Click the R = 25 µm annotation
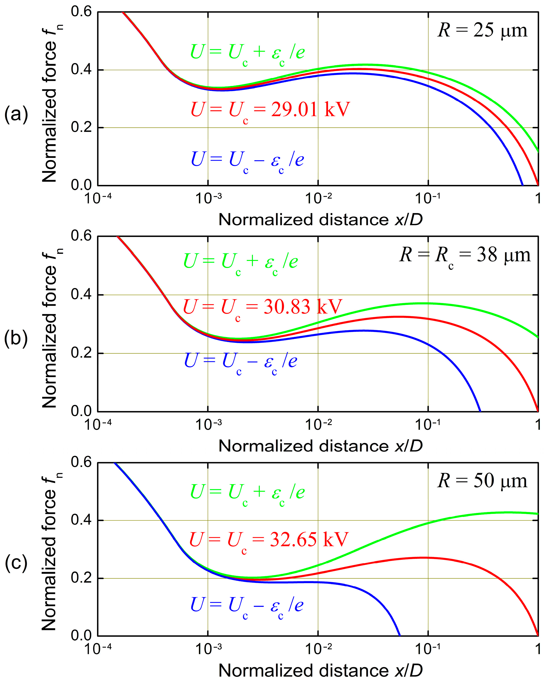click(x=482, y=31)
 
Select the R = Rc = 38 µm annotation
click(x=465, y=256)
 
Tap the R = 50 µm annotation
click(x=482, y=481)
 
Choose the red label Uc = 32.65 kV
click(x=269, y=540)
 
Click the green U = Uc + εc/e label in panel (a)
click(x=248, y=52)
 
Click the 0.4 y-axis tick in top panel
click(x=81, y=70)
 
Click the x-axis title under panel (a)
click(x=320, y=220)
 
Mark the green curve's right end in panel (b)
click(x=537, y=337)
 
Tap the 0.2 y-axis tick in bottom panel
click(x=81, y=578)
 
